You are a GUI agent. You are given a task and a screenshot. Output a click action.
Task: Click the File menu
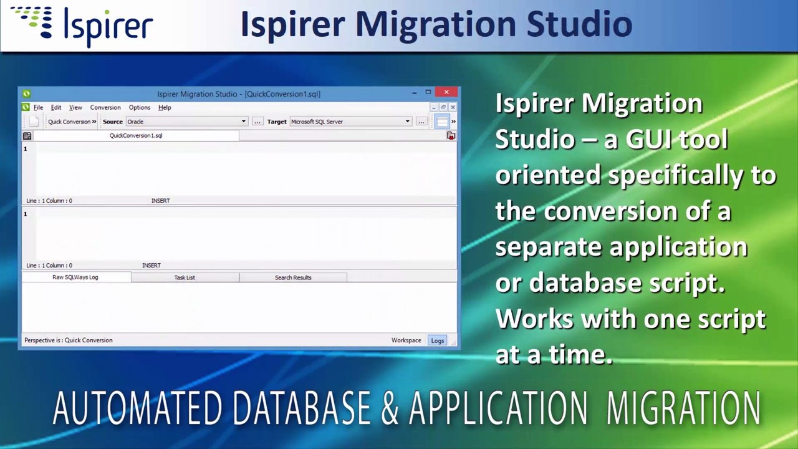tap(38, 107)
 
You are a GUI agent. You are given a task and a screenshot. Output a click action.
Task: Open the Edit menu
tap(56, 107)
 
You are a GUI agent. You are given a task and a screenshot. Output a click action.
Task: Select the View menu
tap(75, 107)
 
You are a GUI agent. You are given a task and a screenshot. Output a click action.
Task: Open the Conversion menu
tap(105, 107)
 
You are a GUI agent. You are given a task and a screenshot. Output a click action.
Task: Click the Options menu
tap(139, 107)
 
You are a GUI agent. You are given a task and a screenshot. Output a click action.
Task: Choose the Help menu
tap(165, 107)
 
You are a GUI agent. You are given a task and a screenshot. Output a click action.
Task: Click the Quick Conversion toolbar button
tap(71, 122)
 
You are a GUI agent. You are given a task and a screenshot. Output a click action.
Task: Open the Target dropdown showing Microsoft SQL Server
tap(350, 122)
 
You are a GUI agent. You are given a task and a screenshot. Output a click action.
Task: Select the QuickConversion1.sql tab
tap(136, 135)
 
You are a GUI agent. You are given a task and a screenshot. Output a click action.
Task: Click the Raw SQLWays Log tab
tap(75, 278)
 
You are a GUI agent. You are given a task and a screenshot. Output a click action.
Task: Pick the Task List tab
tap(185, 278)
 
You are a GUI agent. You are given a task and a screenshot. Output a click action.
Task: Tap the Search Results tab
tap(293, 278)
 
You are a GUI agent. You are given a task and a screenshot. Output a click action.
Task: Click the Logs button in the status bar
tap(438, 340)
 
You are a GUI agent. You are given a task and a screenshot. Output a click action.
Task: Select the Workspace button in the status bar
tap(406, 340)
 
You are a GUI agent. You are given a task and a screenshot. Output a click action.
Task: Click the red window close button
tap(446, 92)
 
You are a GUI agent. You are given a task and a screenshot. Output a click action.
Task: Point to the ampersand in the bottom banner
tap(390, 408)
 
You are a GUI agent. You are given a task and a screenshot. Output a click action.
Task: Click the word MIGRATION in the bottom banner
tap(683, 408)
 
